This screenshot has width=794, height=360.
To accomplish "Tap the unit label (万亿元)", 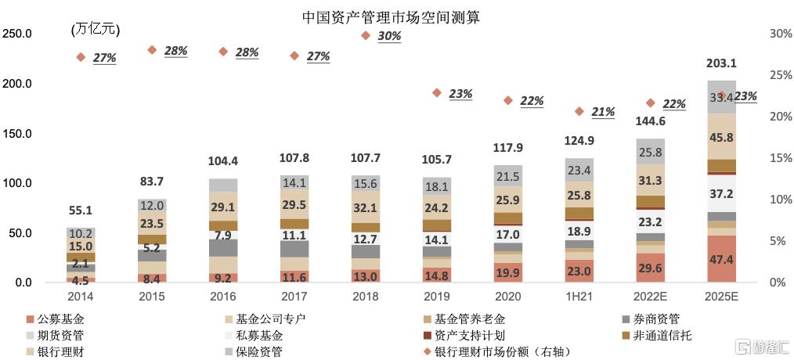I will pos(95,30).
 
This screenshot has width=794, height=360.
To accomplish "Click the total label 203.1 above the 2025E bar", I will pos(721,63).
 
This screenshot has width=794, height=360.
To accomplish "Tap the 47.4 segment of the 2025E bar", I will pos(721,259).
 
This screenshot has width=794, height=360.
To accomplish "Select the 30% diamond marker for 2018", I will pos(366,35).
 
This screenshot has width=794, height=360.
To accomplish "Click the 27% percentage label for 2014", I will pos(104,58).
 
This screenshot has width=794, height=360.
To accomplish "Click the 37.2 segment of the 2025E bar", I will pos(721,193).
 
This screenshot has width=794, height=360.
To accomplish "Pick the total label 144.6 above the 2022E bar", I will pos(650,121).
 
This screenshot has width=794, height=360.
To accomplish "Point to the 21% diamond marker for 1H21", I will pos(579,111).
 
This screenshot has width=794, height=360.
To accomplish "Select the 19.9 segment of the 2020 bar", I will pos(508,272).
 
